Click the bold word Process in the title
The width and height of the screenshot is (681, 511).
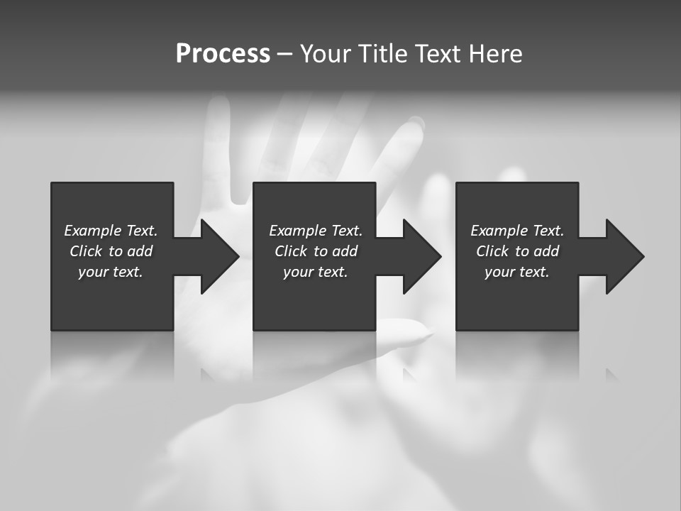pyautogui.click(x=223, y=54)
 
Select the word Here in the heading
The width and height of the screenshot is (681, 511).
pyautogui.click(x=495, y=54)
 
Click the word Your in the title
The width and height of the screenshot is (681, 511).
pyautogui.click(x=327, y=54)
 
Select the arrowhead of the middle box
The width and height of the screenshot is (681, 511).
pyautogui.click(x=421, y=256)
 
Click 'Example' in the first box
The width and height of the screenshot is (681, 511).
pyautogui.click(x=92, y=231)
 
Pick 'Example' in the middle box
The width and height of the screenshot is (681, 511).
pyautogui.click(x=297, y=231)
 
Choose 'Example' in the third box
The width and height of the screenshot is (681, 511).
pyautogui.click(x=499, y=231)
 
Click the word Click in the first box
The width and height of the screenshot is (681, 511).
pyautogui.click(x=87, y=251)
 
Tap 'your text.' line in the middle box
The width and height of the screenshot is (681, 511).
pyautogui.click(x=315, y=272)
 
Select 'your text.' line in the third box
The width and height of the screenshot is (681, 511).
pyautogui.click(x=517, y=272)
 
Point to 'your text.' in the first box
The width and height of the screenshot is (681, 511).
pyautogui.click(x=111, y=272)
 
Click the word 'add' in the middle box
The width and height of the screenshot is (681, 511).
pyautogui.click(x=344, y=251)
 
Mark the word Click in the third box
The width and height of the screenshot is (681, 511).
pyautogui.click(x=493, y=251)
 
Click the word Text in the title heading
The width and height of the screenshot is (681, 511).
pyautogui.click(x=437, y=54)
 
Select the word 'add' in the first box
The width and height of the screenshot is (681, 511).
pyautogui.click(x=139, y=251)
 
